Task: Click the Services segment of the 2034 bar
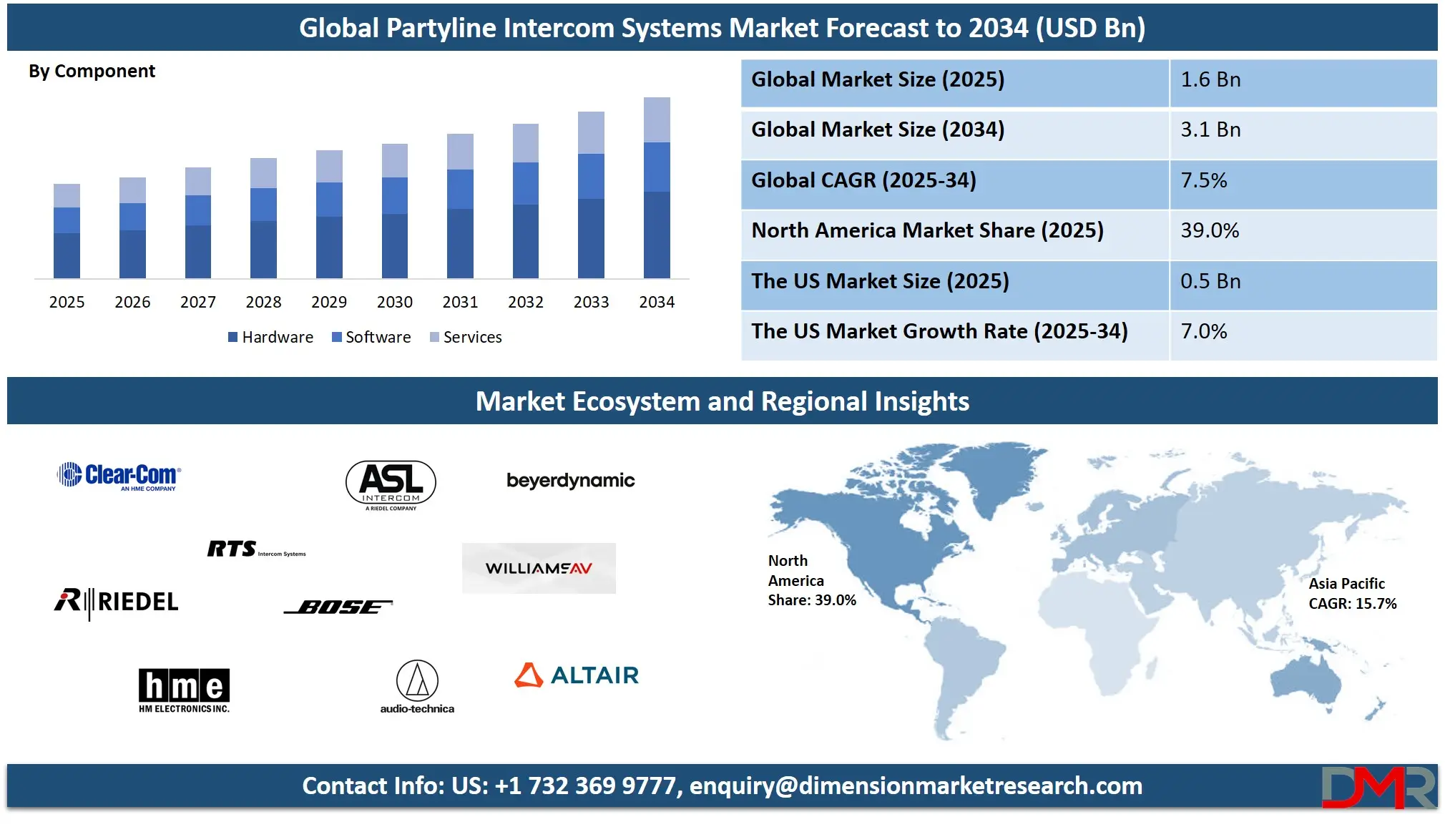tap(657, 119)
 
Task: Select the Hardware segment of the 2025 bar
tap(67, 255)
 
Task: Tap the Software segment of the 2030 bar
tap(395, 196)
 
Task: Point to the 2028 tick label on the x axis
tap(263, 302)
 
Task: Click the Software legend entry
tap(371, 337)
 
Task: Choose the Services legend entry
tap(466, 337)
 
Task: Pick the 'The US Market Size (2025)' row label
tap(880, 281)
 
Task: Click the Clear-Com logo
tap(119, 476)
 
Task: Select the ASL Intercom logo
tap(391, 485)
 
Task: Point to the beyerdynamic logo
tap(570, 481)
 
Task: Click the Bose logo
tap(338, 607)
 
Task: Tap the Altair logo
tap(577, 675)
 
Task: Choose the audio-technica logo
tap(417, 687)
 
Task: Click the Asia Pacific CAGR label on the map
tap(1352, 594)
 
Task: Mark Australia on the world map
tap(1306, 680)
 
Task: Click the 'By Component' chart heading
tap(92, 72)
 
